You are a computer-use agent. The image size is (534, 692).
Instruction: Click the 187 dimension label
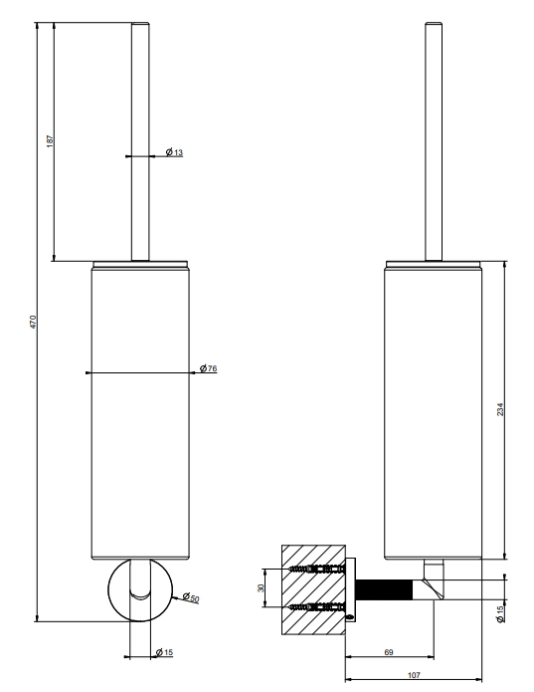coord(51,141)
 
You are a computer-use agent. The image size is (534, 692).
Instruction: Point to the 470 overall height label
coord(33,322)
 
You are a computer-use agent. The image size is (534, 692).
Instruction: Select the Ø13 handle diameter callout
coord(174,152)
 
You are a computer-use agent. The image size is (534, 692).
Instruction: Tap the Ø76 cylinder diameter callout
coord(209,368)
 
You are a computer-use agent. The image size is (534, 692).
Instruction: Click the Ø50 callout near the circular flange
coord(191,598)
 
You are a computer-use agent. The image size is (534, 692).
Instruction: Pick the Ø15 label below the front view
coord(165,652)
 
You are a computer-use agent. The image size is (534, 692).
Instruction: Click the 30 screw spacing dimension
coord(261,588)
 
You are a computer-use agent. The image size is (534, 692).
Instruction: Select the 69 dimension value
coord(389,652)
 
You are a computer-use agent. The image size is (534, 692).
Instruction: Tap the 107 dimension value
coord(414,675)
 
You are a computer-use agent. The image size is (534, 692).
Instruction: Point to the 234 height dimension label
coord(499,409)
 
